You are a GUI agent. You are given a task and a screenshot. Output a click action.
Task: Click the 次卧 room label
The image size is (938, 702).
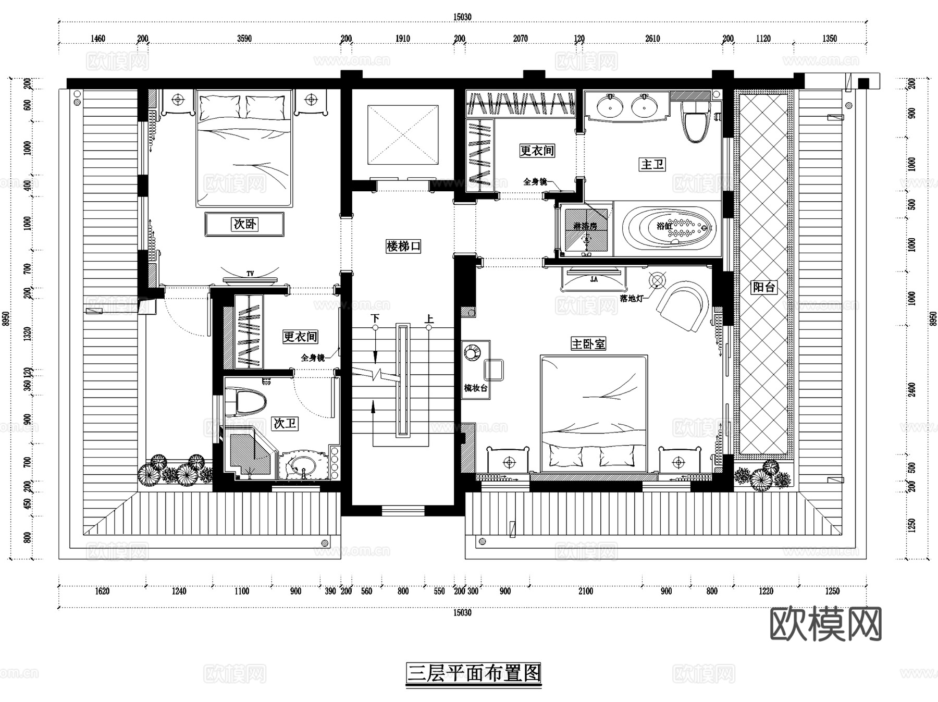[244, 224]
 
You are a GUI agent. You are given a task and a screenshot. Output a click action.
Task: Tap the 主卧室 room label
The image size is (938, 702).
[588, 344]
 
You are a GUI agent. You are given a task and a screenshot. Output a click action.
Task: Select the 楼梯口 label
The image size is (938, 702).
[403, 246]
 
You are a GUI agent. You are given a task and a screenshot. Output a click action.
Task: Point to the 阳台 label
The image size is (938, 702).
[763, 287]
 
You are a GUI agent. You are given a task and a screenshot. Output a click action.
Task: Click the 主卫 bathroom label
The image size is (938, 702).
[652, 164]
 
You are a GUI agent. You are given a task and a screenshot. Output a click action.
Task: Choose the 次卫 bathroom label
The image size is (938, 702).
[285, 423]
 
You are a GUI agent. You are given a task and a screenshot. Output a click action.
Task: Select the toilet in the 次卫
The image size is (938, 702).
[247, 402]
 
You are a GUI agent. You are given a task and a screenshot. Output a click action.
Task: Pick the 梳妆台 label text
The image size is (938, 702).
[475, 388]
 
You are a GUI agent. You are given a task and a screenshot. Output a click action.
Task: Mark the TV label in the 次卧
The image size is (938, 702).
[250, 274]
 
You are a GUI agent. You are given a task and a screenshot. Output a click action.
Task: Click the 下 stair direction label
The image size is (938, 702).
[375, 318]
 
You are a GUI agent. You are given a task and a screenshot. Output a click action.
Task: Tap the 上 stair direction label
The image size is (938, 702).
[429, 318]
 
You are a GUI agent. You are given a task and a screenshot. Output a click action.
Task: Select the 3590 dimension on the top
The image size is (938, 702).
[244, 39]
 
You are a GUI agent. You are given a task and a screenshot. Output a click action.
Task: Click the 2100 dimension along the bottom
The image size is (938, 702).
[585, 591]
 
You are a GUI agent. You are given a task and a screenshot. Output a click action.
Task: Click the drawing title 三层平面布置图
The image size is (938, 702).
[474, 673]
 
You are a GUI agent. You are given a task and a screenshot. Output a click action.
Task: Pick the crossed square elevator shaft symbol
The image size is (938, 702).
[403, 134]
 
